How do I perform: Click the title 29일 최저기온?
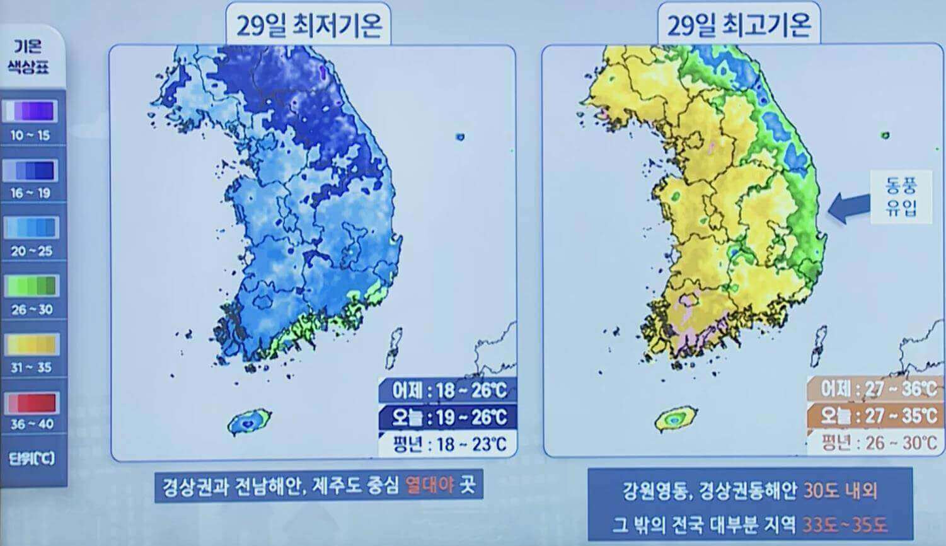309,26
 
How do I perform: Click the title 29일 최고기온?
739,26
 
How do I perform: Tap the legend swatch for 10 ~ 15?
31,112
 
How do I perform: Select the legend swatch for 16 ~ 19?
31,170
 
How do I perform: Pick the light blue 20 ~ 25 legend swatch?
31,228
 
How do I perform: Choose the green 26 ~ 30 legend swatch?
31,286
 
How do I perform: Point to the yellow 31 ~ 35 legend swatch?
31,344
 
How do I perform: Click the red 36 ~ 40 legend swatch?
31,402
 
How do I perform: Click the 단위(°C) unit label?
31,458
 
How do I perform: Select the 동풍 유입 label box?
901,196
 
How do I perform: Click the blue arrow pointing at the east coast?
848,207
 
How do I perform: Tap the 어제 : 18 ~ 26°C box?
449,390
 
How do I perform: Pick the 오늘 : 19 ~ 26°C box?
449,417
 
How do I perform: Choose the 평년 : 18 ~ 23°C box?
449,444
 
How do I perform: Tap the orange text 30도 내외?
840,490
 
